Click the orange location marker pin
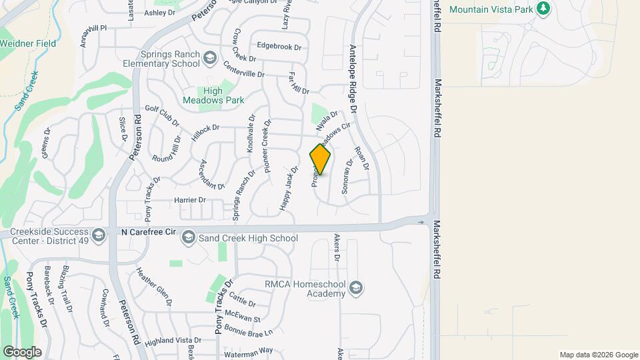pyautogui.click(x=320, y=159)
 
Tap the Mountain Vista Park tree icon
pyautogui.click(x=544, y=9)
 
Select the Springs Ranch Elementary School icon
pyautogui.click(x=211, y=58)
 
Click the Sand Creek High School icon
pyautogui.click(x=189, y=237)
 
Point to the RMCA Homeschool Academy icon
pyautogui.click(x=356, y=287)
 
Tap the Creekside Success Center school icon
pyautogui.click(x=99, y=234)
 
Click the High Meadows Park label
pyautogui.click(x=223, y=95)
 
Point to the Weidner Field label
pyautogui.click(x=28, y=43)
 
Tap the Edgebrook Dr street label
pyautogui.click(x=279, y=47)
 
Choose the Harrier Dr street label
pyautogui.click(x=190, y=199)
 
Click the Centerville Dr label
pyautogui.click(x=245, y=71)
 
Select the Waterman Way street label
pyautogui.click(x=248, y=350)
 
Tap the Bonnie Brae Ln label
pyautogui.click(x=249, y=331)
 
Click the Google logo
pyautogui.click(x=22, y=351)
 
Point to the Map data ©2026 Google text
pyautogui.click(x=598, y=355)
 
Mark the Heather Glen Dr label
pyautogui.click(x=154, y=287)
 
